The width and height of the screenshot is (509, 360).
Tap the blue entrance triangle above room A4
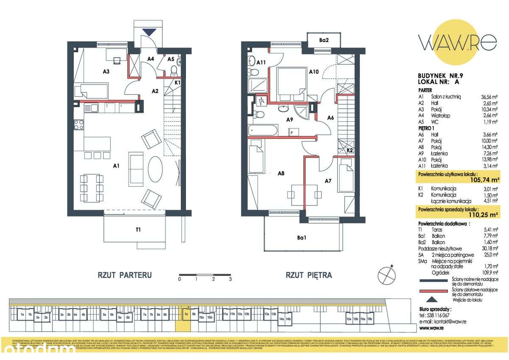click(x=149, y=31)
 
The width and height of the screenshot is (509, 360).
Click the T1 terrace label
click(x=138, y=230)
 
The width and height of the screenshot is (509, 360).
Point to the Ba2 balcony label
click(x=324, y=40)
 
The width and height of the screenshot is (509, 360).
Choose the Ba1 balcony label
click(x=302, y=238)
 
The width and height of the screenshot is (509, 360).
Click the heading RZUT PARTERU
click(x=125, y=275)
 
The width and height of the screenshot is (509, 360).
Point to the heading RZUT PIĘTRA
click(x=308, y=275)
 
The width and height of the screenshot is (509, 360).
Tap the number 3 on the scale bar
click(x=230, y=279)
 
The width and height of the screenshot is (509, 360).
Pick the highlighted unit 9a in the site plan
click(x=186, y=315)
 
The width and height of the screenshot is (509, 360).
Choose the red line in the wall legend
click(x=433, y=291)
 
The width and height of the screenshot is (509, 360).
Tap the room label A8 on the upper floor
click(x=281, y=173)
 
